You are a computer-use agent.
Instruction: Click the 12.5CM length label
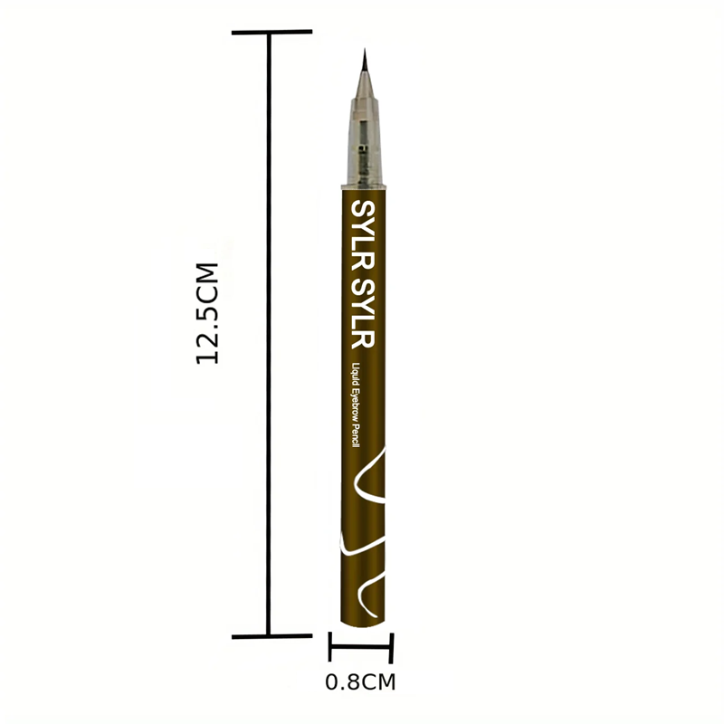[207, 313]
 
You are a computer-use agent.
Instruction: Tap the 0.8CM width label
[360, 682]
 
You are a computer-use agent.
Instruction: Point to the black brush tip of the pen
[365, 60]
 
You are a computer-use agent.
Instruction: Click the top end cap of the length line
[271, 33]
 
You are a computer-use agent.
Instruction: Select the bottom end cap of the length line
[271, 637]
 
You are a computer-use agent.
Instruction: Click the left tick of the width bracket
[330, 646]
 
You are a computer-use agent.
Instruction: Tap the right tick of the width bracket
[392, 648]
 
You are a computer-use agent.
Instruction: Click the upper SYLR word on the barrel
[363, 235]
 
